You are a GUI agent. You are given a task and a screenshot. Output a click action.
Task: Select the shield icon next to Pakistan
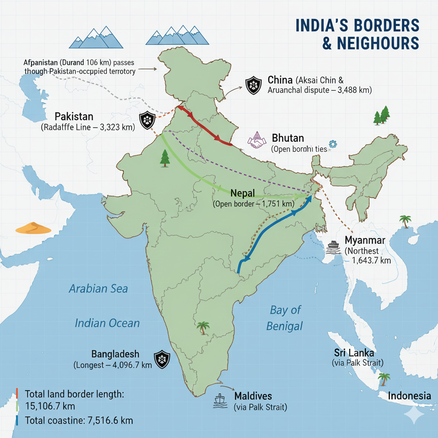[x=147, y=120]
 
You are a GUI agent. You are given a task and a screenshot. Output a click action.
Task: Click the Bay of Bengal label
[x=285, y=317]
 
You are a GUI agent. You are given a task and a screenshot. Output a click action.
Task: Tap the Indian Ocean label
[x=107, y=323]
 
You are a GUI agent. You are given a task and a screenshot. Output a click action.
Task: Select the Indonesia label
[x=409, y=396]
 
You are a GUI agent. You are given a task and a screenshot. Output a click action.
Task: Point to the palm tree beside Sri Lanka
[x=384, y=379]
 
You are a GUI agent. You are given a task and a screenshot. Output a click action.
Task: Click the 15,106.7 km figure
[x=50, y=405]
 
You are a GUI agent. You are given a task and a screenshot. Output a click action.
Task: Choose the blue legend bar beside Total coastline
[x=17, y=420]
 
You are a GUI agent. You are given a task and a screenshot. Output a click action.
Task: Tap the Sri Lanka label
[x=354, y=353]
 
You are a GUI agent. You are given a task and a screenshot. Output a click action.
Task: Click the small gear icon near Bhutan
[x=331, y=143]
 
